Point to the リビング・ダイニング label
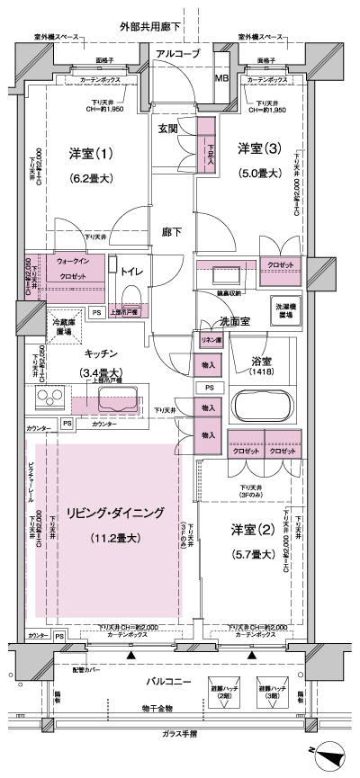114,514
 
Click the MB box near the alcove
221,78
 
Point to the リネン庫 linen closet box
207,341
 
